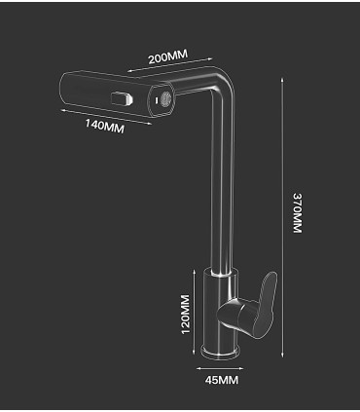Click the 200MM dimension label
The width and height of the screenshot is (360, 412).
click(166, 56)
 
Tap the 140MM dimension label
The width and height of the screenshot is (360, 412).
click(104, 126)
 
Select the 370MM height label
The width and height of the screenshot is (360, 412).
click(298, 213)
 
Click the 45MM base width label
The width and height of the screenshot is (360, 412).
click(224, 381)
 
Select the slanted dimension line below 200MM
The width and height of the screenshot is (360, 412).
click(166, 68)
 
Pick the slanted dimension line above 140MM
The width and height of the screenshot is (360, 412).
click(102, 114)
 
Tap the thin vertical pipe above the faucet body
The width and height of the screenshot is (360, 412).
click(230, 195)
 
